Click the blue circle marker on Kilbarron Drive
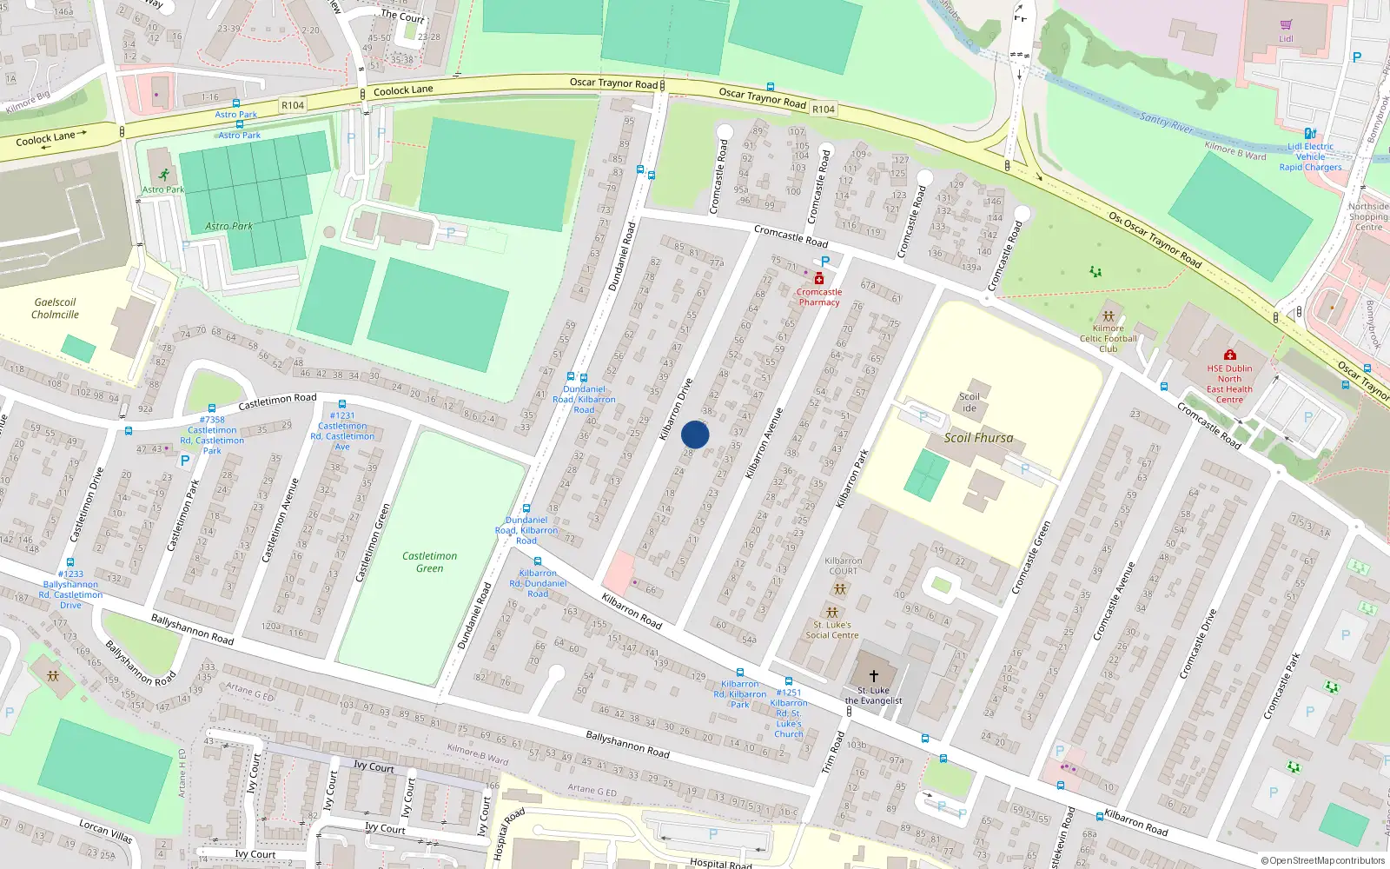695,434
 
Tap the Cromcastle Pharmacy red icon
818,279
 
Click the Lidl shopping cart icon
1286,25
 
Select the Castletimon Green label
429,562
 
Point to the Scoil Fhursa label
978,438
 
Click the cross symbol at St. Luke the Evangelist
874,675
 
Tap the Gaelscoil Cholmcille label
56,308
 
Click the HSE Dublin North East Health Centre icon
1229,355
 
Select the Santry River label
1167,123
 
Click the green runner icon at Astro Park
163,176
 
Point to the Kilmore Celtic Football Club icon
1108,316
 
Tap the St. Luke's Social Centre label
831,629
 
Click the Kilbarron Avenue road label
764,442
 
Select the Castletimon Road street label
277,401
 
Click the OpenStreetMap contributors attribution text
1323,861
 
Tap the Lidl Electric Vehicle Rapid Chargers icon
1310,134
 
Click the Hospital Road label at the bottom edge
720,863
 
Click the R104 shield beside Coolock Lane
293,105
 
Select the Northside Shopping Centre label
1368,216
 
